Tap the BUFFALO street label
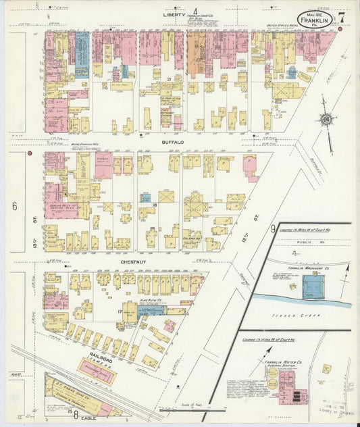173,143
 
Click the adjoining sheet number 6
14,206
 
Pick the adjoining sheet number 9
274,228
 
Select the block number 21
168,79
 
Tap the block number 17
120,311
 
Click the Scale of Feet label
192,405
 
